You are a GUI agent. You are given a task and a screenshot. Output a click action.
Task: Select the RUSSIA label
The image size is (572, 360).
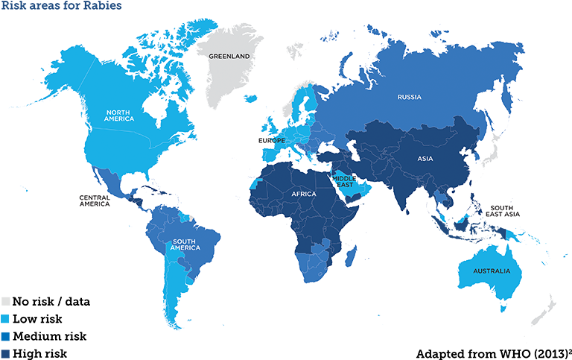click(410, 98)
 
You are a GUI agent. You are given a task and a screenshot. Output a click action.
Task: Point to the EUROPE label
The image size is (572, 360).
click(272, 140)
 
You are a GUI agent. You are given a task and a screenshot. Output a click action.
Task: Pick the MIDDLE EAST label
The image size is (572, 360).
click(344, 181)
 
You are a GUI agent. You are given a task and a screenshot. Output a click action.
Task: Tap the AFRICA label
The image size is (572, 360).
click(304, 195)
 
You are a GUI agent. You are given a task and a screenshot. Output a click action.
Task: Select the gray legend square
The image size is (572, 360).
click(6, 301)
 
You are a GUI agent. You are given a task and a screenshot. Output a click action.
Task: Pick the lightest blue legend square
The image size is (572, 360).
click(6, 318)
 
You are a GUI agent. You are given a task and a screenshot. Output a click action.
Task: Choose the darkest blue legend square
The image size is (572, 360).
click(6, 353)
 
